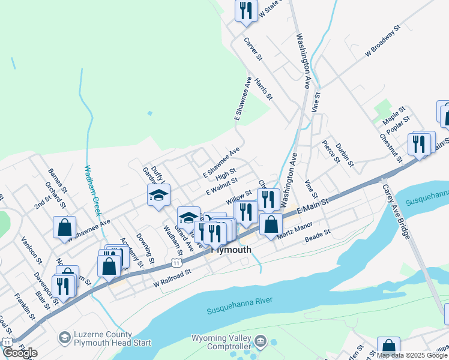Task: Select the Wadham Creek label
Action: [92, 190]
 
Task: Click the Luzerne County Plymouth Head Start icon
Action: [63, 338]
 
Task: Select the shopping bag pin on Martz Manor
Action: [271, 224]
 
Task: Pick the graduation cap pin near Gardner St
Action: [159, 195]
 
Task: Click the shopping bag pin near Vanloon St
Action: [64, 227]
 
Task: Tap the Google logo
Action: [20, 353]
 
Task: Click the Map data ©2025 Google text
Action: [412, 355]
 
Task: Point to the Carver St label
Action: [253, 49]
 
